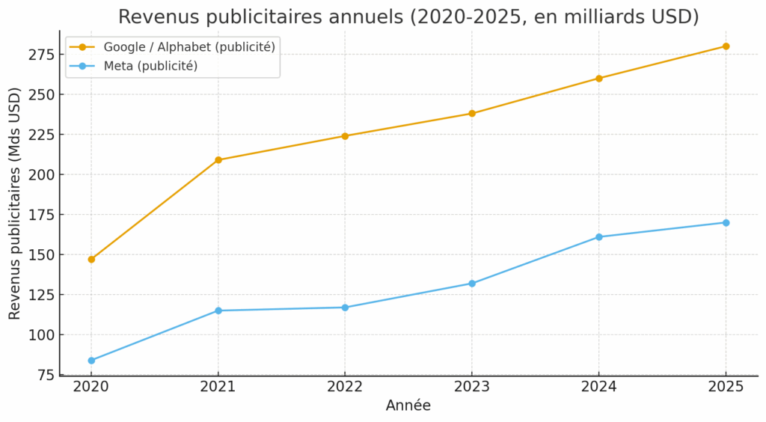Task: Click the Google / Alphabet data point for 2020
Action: tap(91, 259)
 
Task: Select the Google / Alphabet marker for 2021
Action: tap(218, 160)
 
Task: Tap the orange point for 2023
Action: tap(472, 114)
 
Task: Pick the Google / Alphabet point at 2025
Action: tap(726, 46)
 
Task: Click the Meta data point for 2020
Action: tap(91, 360)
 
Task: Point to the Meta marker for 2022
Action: tap(345, 308)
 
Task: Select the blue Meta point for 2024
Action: tap(598, 237)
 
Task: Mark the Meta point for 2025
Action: tap(726, 222)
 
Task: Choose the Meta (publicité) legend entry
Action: tap(150, 66)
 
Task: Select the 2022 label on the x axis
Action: tap(345, 386)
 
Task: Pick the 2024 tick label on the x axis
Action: tap(598, 386)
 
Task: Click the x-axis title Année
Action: tap(408, 406)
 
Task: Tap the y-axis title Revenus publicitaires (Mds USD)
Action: tap(15, 204)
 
